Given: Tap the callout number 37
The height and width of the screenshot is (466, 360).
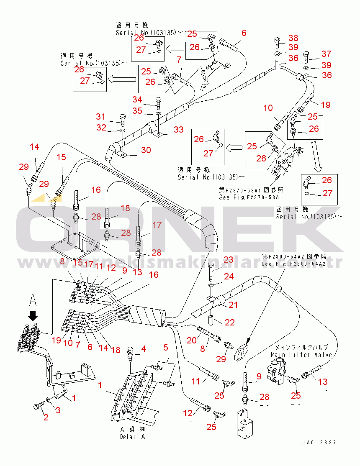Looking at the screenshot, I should (x=327, y=54).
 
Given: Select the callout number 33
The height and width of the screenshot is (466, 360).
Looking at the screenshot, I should (x=179, y=130).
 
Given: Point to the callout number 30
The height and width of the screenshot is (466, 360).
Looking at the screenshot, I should (x=146, y=149).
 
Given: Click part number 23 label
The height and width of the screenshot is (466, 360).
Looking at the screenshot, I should (x=228, y=260).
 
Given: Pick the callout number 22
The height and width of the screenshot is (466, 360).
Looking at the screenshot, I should (x=229, y=323).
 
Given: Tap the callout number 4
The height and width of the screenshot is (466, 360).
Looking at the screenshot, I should (x=143, y=348).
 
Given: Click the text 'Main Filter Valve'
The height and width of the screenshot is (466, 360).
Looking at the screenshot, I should (x=301, y=355).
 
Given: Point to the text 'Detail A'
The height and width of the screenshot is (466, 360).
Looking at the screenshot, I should (x=132, y=437).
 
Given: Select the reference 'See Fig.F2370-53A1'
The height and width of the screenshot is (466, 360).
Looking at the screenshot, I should (x=250, y=197).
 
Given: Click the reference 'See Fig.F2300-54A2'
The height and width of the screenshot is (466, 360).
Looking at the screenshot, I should (x=293, y=264).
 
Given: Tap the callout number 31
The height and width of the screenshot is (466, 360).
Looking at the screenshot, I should (x=101, y=116).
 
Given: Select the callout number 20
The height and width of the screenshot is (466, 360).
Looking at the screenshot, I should (x=192, y=340).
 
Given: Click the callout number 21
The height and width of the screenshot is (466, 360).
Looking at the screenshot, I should (x=233, y=305).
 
